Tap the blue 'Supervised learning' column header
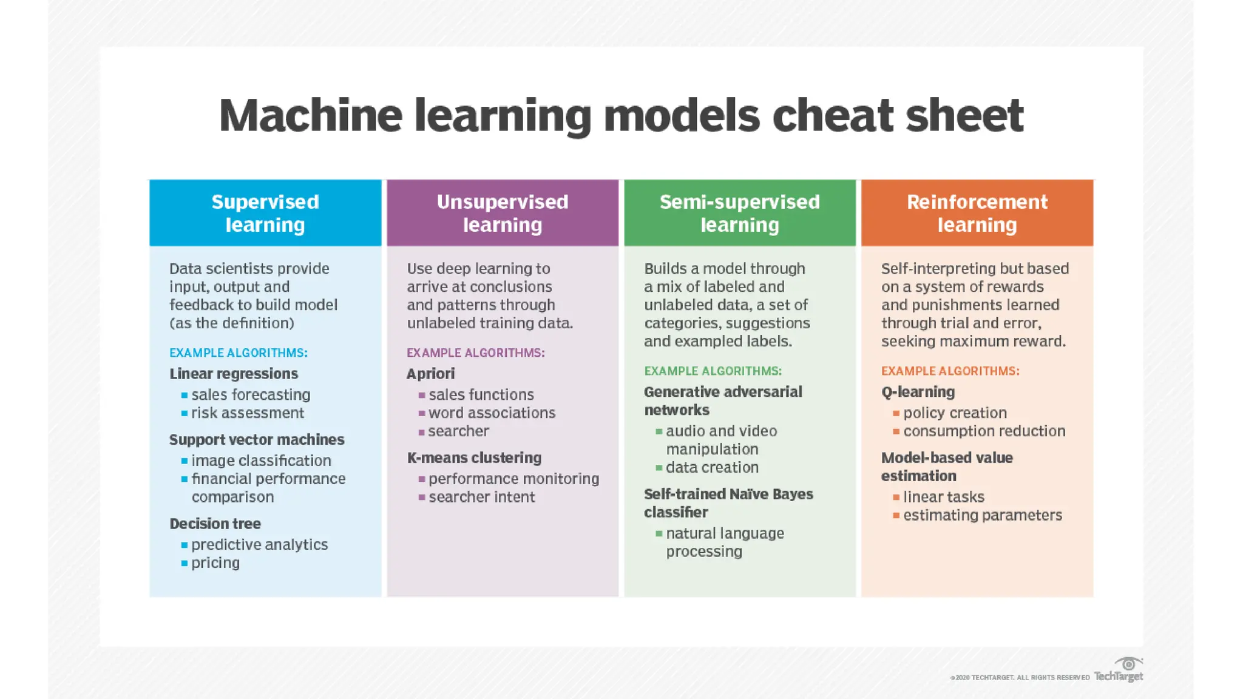(265, 213)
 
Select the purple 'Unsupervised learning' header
(503, 213)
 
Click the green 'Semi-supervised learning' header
(739, 213)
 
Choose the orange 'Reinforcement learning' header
(977, 213)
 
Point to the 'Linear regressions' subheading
(234, 374)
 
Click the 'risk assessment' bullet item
(248, 413)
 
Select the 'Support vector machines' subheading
(257, 440)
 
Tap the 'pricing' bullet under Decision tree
(215, 563)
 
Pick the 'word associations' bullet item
(492, 413)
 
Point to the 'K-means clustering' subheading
(474, 458)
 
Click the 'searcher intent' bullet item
(482, 498)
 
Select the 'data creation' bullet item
(712, 468)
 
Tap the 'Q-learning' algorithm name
(918, 392)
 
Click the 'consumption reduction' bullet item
(984, 431)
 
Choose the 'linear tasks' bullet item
(943, 498)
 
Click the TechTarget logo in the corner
(1119, 670)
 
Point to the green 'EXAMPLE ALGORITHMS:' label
(713, 371)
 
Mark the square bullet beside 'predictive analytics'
(185, 545)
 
